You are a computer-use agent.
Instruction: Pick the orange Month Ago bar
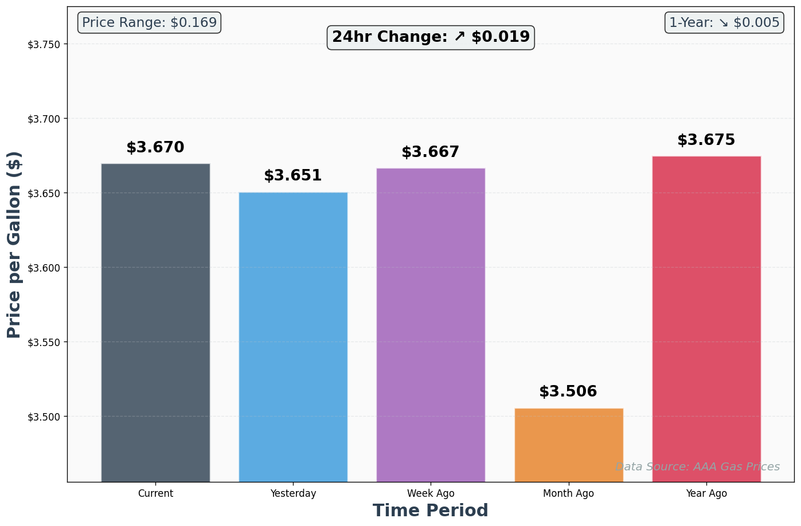pos(569,445)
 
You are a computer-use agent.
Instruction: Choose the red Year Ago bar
pos(706,319)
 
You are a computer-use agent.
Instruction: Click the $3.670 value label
pos(155,148)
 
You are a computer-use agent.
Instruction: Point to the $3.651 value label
pos(293,176)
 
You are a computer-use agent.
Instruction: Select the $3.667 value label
pos(431,152)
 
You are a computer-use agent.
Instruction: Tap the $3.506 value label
pos(568,392)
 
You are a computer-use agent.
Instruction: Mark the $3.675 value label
pos(706,140)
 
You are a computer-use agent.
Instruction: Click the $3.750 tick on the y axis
pos(48,45)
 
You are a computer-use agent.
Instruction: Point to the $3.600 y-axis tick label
pos(48,268)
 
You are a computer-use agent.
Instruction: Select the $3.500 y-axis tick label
pos(48,417)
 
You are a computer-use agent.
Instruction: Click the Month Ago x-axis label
pos(568,493)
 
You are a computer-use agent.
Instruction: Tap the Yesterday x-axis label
pos(293,493)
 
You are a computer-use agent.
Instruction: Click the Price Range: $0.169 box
pos(149,23)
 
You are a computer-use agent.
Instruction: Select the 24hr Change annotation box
pos(431,37)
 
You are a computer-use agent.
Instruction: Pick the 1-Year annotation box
pos(724,23)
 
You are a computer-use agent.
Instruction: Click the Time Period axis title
pos(431,511)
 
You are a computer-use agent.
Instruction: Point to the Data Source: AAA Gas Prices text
pos(697,467)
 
